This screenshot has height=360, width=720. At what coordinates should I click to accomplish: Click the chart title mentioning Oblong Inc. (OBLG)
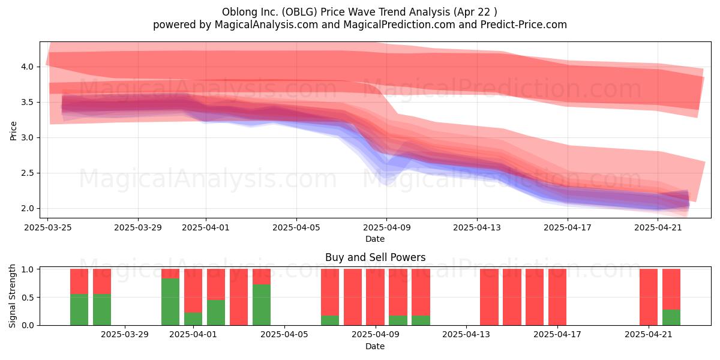coord(359,12)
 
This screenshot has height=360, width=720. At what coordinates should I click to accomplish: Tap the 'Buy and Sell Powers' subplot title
coord(375,257)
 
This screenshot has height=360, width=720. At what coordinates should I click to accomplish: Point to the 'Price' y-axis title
coord(13,131)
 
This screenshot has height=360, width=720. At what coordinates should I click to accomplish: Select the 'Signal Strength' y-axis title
coord(12,296)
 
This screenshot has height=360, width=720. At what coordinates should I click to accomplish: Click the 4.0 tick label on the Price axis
coord(28,67)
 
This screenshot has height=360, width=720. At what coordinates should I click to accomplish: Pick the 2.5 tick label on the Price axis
coord(28,173)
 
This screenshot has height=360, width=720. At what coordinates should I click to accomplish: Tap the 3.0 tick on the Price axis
coord(28,137)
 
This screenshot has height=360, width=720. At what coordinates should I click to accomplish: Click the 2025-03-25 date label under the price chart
coord(48,227)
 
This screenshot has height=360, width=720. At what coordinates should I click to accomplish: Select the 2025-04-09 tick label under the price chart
coord(386,227)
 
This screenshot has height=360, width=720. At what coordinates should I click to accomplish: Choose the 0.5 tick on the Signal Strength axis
coord(28,298)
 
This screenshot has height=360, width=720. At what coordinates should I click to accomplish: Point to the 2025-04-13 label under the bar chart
coord(466,335)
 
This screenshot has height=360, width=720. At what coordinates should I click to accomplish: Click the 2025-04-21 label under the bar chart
coord(649,335)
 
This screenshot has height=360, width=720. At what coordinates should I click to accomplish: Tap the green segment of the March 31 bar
coord(170,302)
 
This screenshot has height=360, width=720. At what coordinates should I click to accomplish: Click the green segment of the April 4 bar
coord(262,305)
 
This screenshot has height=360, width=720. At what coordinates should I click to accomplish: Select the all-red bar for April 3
coord(239,297)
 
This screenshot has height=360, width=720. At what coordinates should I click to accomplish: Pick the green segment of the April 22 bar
coord(671,317)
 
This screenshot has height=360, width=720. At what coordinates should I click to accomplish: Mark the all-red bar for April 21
coord(649,297)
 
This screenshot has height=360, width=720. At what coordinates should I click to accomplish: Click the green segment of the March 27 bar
coord(79,310)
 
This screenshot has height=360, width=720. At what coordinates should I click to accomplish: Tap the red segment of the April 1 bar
coord(193,291)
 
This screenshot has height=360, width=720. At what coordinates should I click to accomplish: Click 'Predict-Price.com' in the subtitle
coord(524,25)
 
